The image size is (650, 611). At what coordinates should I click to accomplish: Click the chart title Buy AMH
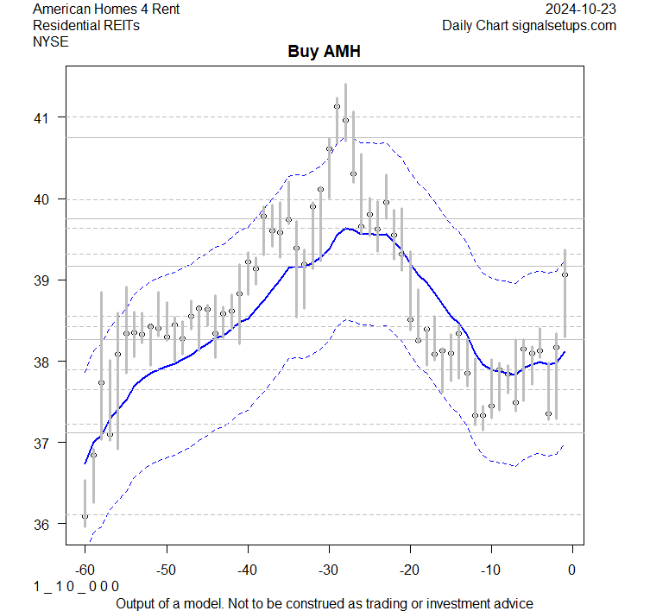click(x=324, y=52)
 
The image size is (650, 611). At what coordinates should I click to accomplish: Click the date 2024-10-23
click(x=582, y=9)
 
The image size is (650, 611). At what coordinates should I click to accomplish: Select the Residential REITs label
click(x=86, y=25)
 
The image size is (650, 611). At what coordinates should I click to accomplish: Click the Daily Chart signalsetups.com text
click(x=529, y=25)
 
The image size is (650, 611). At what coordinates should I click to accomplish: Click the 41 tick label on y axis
click(x=43, y=117)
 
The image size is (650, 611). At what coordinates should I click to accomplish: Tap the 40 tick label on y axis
click(x=43, y=198)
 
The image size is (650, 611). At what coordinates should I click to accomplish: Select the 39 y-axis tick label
click(x=43, y=280)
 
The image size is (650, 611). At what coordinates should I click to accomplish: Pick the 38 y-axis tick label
click(x=43, y=362)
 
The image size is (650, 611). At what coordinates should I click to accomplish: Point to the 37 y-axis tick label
click(x=43, y=443)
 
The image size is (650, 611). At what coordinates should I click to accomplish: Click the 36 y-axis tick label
click(x=43, y=524)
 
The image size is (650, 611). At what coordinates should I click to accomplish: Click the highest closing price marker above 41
click(x=337, y=107)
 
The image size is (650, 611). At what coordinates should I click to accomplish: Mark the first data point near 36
click(x=85, y=516)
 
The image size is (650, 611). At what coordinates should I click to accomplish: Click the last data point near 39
click(x=565, y=275)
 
